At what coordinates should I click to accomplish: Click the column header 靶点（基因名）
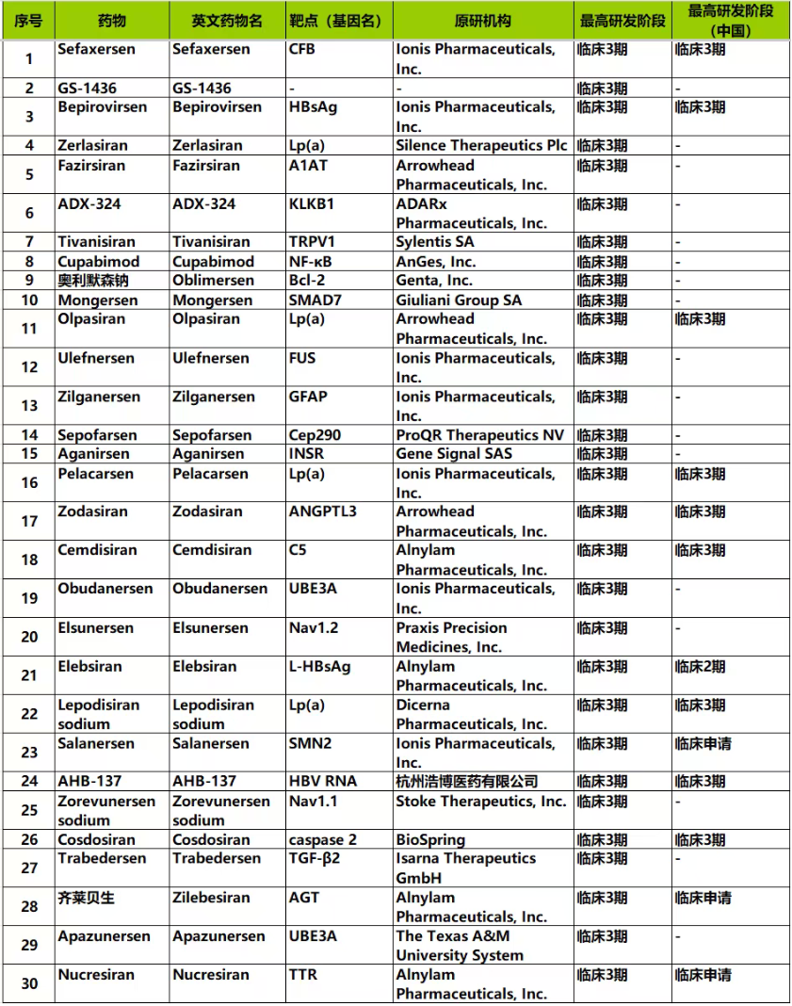click(x=338, y=21)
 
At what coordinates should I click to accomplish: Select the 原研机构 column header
click(x=483, y=21)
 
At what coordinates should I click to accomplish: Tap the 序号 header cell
click(x=28, y=21)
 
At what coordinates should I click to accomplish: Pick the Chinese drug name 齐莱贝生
click(x=86, y=899)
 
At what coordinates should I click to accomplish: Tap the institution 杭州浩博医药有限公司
click(x=467, y=782)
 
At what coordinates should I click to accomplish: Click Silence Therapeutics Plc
click(x=482, y=146)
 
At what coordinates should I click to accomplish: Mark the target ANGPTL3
click(x=323, y=512)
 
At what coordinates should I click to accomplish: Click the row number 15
click(x=28, y=454)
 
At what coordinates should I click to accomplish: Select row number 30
click(x=28, y=984)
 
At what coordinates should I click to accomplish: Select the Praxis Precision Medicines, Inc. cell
click(x=452, y=638)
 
